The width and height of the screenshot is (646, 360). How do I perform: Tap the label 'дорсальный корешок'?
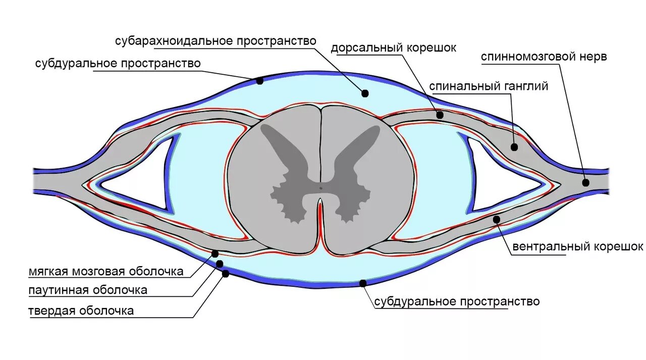[x=393, y=48]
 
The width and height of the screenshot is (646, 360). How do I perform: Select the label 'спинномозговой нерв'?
[x=544, y=57]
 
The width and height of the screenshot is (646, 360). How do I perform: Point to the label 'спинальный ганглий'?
[x=489, y=86]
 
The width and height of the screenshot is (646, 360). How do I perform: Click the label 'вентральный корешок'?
[x=578, y=247]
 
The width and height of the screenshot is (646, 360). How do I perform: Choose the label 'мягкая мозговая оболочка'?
[x=105, y=271]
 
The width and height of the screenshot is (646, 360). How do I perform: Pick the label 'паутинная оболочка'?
[x=88, y=290]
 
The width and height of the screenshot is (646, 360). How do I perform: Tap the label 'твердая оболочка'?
[x=81, y=311]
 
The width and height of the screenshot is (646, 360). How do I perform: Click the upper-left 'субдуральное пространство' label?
[x=118, y=64]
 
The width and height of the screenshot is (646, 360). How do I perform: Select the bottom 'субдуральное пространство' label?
[x=457, y=301]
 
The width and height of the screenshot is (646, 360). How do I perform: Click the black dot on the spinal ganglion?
[x=514, y=147]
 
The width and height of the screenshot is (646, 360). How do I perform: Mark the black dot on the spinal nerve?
[x=585, y=183]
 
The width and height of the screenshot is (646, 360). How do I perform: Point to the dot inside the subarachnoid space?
[x=365, y=93]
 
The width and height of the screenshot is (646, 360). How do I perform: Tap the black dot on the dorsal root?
[x=440, y=115]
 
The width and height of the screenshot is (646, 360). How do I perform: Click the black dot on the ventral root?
[x=497, y=219]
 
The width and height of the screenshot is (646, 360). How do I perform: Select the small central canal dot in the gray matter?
[x=321, y=188]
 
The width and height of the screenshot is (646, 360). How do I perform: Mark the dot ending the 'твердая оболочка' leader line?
[x=225, y=274]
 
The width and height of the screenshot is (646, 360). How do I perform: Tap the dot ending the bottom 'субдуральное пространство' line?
[x=362, y=283]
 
